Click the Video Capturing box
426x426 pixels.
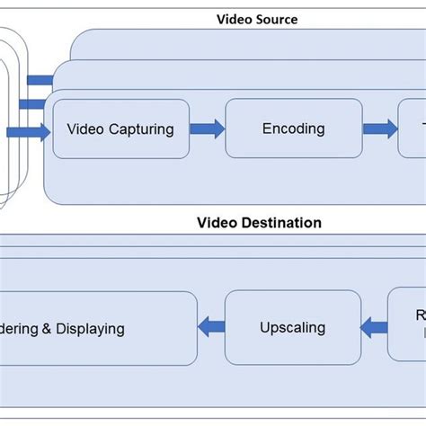(120, 129)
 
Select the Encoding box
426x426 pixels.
(293, 129)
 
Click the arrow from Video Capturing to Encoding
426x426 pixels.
(207, 129)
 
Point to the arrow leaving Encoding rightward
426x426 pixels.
(379, 129)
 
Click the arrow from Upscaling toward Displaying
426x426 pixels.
(211, 328)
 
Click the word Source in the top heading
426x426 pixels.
(276, 19)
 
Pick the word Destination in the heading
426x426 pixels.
(280, 223)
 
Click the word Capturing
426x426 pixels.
(141, 129)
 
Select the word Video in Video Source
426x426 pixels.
(235, 19)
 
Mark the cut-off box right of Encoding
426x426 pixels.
(413, 129)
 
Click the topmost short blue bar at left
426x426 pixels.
(40, 80)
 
